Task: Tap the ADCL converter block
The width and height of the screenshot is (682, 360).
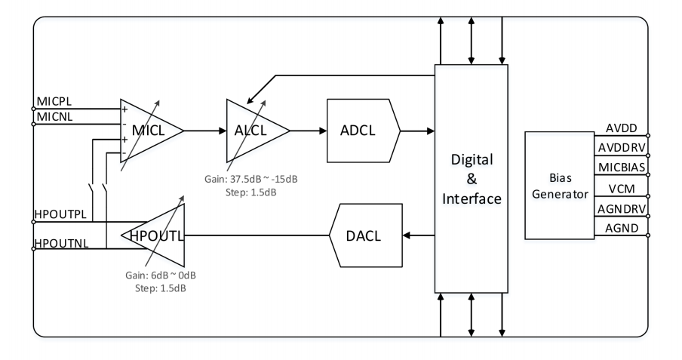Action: pos(363,131)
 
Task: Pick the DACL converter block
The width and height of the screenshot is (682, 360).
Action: pos(366,235)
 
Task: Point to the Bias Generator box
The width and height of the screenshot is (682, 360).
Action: pos(560,186)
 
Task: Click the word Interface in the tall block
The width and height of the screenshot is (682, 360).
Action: pos(472,199)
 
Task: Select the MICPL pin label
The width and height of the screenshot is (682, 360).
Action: pos(54,101)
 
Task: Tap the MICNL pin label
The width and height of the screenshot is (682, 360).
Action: pos(55,117)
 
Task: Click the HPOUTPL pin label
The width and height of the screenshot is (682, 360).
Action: pos(60,214)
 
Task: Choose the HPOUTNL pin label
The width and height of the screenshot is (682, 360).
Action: pos(61,243)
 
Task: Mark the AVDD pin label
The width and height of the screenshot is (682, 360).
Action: pos(622,128)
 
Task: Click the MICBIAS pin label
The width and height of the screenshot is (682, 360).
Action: pos(622,167)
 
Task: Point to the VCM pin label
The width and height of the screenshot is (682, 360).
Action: pos(622,189)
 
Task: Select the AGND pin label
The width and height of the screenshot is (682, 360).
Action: pos(622,228)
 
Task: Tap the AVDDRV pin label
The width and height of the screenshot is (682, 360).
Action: pos(622,148)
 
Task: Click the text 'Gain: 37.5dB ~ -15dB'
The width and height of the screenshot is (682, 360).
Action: pos(251,179)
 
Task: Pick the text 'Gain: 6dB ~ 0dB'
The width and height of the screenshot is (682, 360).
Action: pos(161,275)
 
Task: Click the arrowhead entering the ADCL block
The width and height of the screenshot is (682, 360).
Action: pos(323,131)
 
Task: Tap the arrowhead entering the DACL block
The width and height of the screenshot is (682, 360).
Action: pos(407,235)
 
